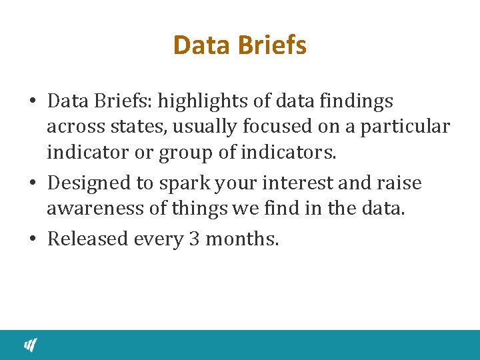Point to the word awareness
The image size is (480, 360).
point(94,209)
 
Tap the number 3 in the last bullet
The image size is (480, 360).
point(194,239)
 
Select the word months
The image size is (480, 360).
point(242,239)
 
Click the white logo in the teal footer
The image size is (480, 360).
point(31,345)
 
